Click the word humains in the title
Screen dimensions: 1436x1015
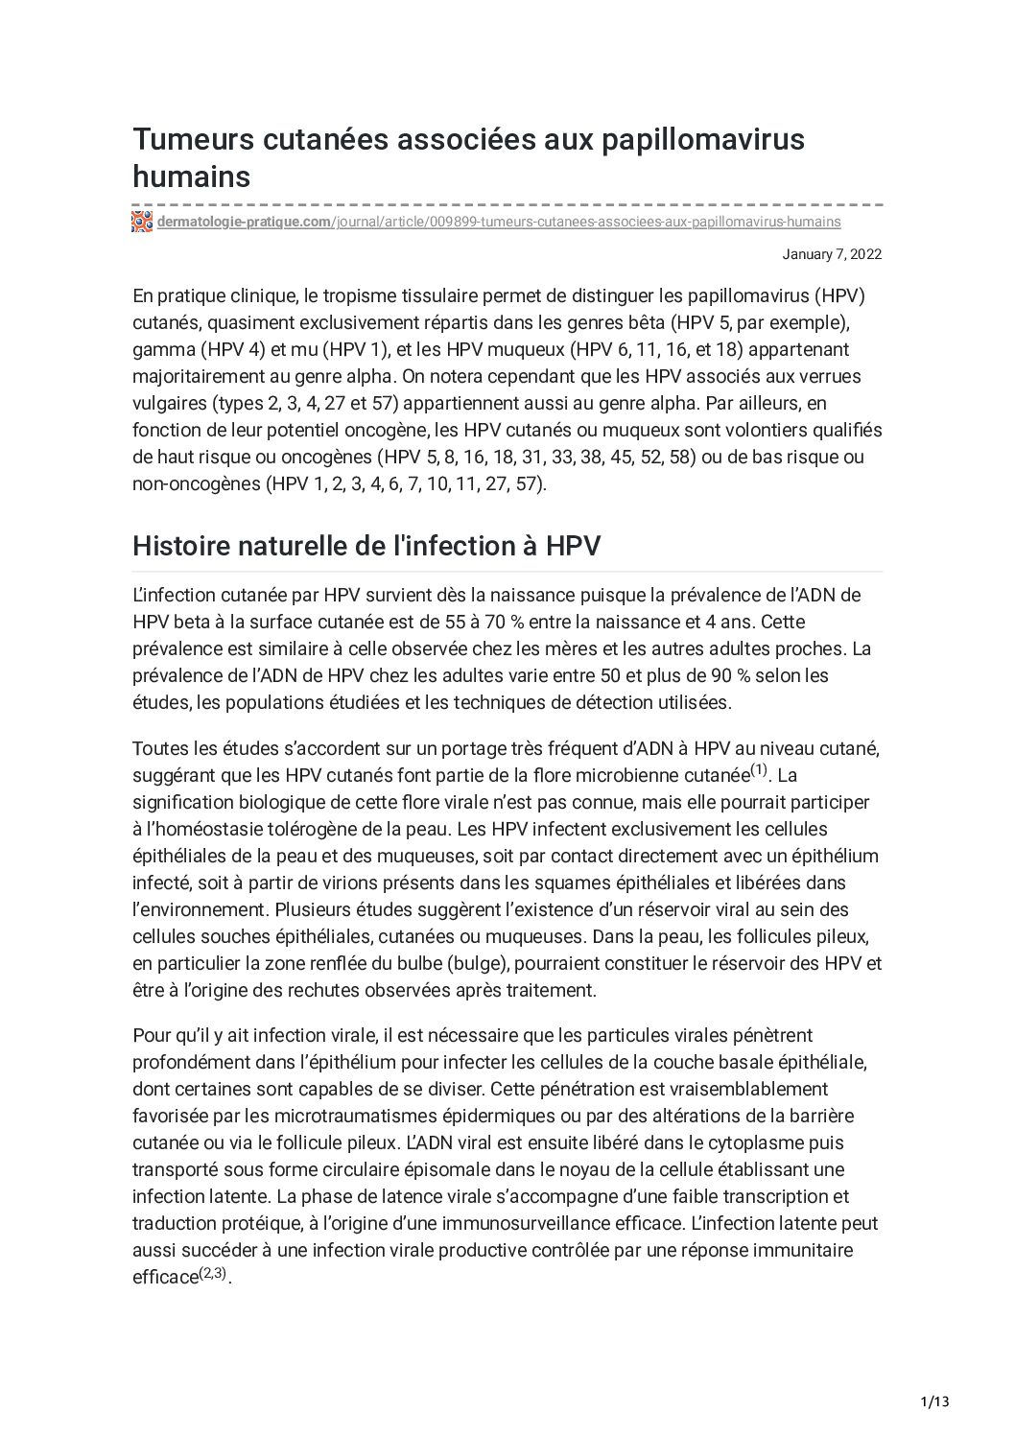click(191, 177)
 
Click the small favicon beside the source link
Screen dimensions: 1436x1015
click(142, 222)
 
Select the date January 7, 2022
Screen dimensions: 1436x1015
click(832, 254)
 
